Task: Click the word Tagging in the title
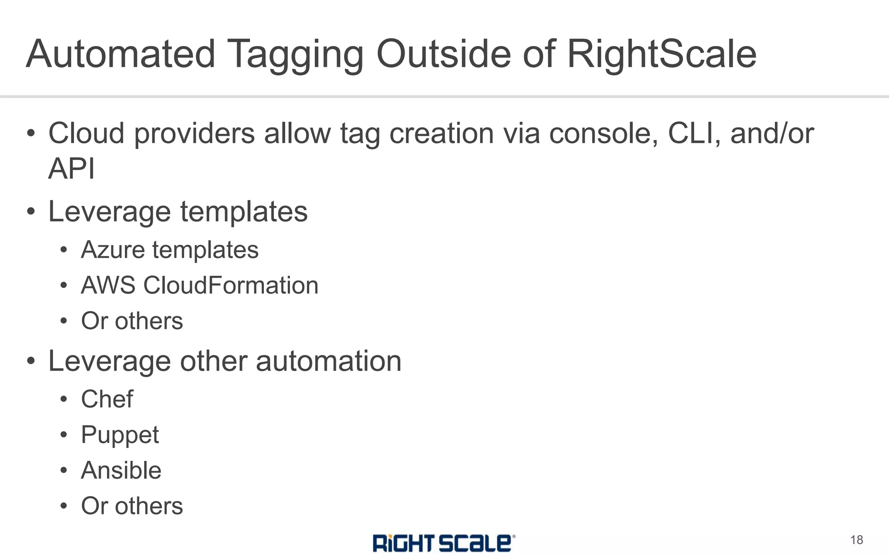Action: pyautogui.click(x=295, y=54)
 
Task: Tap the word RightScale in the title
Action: pyautogui.click(x=662, y=54)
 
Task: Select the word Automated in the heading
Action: pyautogui.click(x=121, y=54)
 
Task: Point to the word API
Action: pyautogui.click(x=71, y=169)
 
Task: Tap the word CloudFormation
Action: pyautogui.click(x=231, y=286)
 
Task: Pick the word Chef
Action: pyautogui.click(x=107, y=399)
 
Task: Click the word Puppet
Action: pyautogui.click(x=120, y=435)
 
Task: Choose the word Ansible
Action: pyautogui.click(x=121, y=470)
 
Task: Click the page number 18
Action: pyautogui.click(x=856, y=540)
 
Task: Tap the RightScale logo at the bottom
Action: pyautogui.click(x=444, y=543)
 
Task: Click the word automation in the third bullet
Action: pyautogui.click(x=329, y=361)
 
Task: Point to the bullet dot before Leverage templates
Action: pyautogui.click(x=31, y=212)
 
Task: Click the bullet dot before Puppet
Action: pyautogui.click(x=64, y=435)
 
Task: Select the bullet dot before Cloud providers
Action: pyautogui.click(x=31, y=133)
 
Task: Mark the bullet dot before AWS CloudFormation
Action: pyautogui.click(x=64, y=286)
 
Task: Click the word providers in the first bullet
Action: pyautogui.click(x=194, y=133)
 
